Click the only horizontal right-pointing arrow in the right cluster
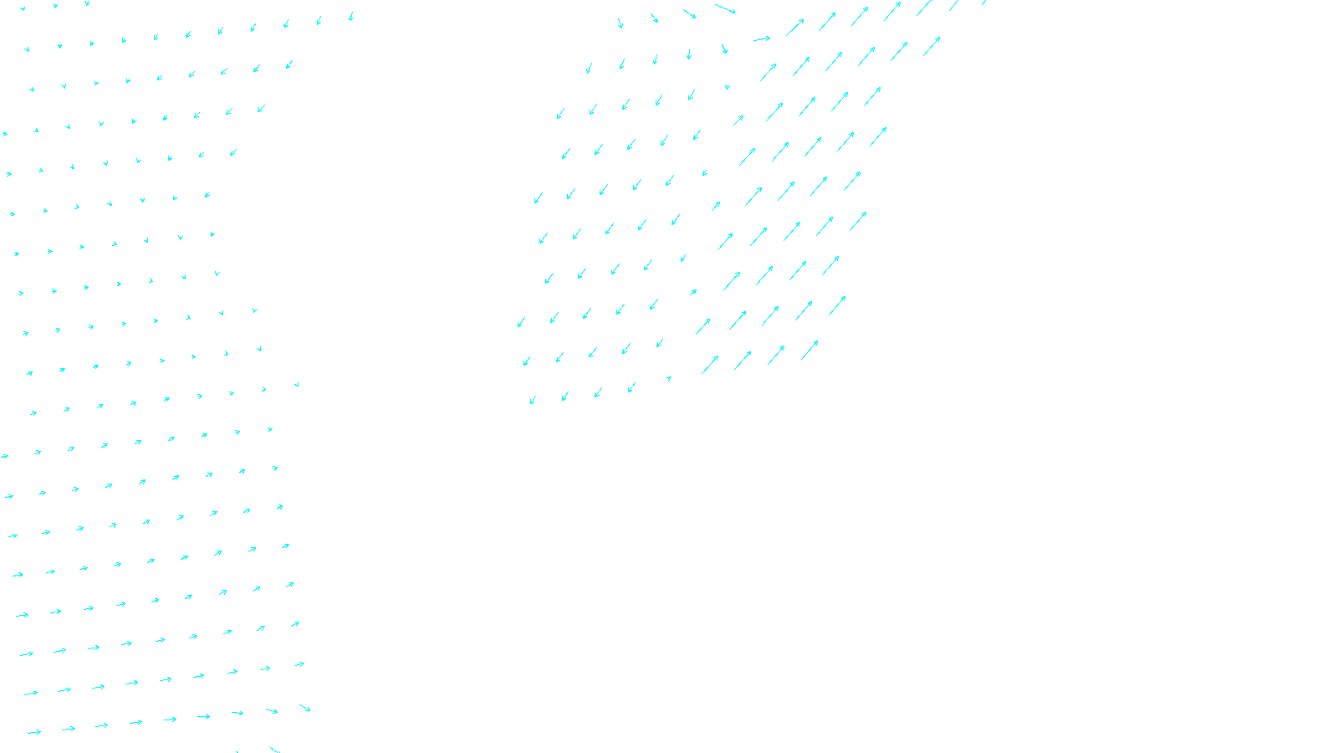(x=761, y=38)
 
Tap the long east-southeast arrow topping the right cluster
(x=725, y=8)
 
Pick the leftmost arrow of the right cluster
(x=521, y=322)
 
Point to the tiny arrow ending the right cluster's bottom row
(x=669, y=378)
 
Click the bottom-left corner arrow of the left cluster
(x=33, y=732)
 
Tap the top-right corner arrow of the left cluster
(x=351, y=16)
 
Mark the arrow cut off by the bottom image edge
(x=273, y=749)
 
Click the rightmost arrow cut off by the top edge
(x=983, y=3)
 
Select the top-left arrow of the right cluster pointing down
(x=620, y=23)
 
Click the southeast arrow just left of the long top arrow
(x=690, y=13)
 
